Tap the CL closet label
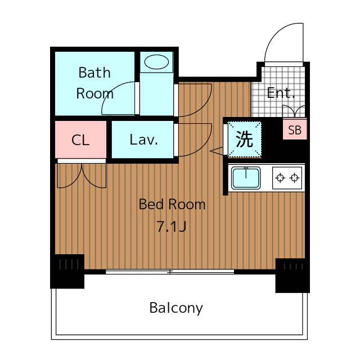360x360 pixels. [x=80, y=140]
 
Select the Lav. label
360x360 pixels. [x=143, y=139]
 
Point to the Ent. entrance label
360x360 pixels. [x=281, y=93]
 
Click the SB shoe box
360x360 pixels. [x=294, y=130]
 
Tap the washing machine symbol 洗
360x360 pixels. [x=245, y=139]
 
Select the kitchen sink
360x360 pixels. [x=246, y=178]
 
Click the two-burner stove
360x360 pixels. [x=287, y=178]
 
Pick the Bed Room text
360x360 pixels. [x=172, y=204]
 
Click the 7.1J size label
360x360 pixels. [x=171, y=227]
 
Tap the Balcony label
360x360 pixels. [x=176, y=308]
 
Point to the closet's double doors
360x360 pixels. [x=82, y=175]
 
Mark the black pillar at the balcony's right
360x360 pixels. [x=292, y=275]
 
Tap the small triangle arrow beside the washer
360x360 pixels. [x=217, y=151]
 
